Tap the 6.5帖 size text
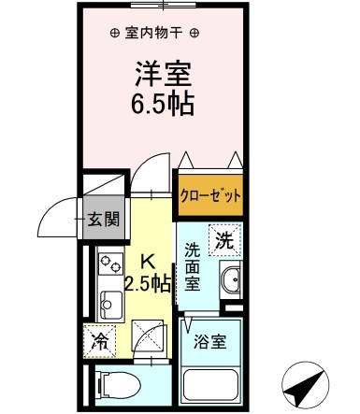point(160,105)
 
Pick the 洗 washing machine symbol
point(225,240)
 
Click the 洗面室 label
point(192,267)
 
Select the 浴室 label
point(209,342)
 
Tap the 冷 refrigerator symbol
point(99,341)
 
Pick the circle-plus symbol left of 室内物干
point(114,34)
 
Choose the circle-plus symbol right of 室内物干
point(194,34)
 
